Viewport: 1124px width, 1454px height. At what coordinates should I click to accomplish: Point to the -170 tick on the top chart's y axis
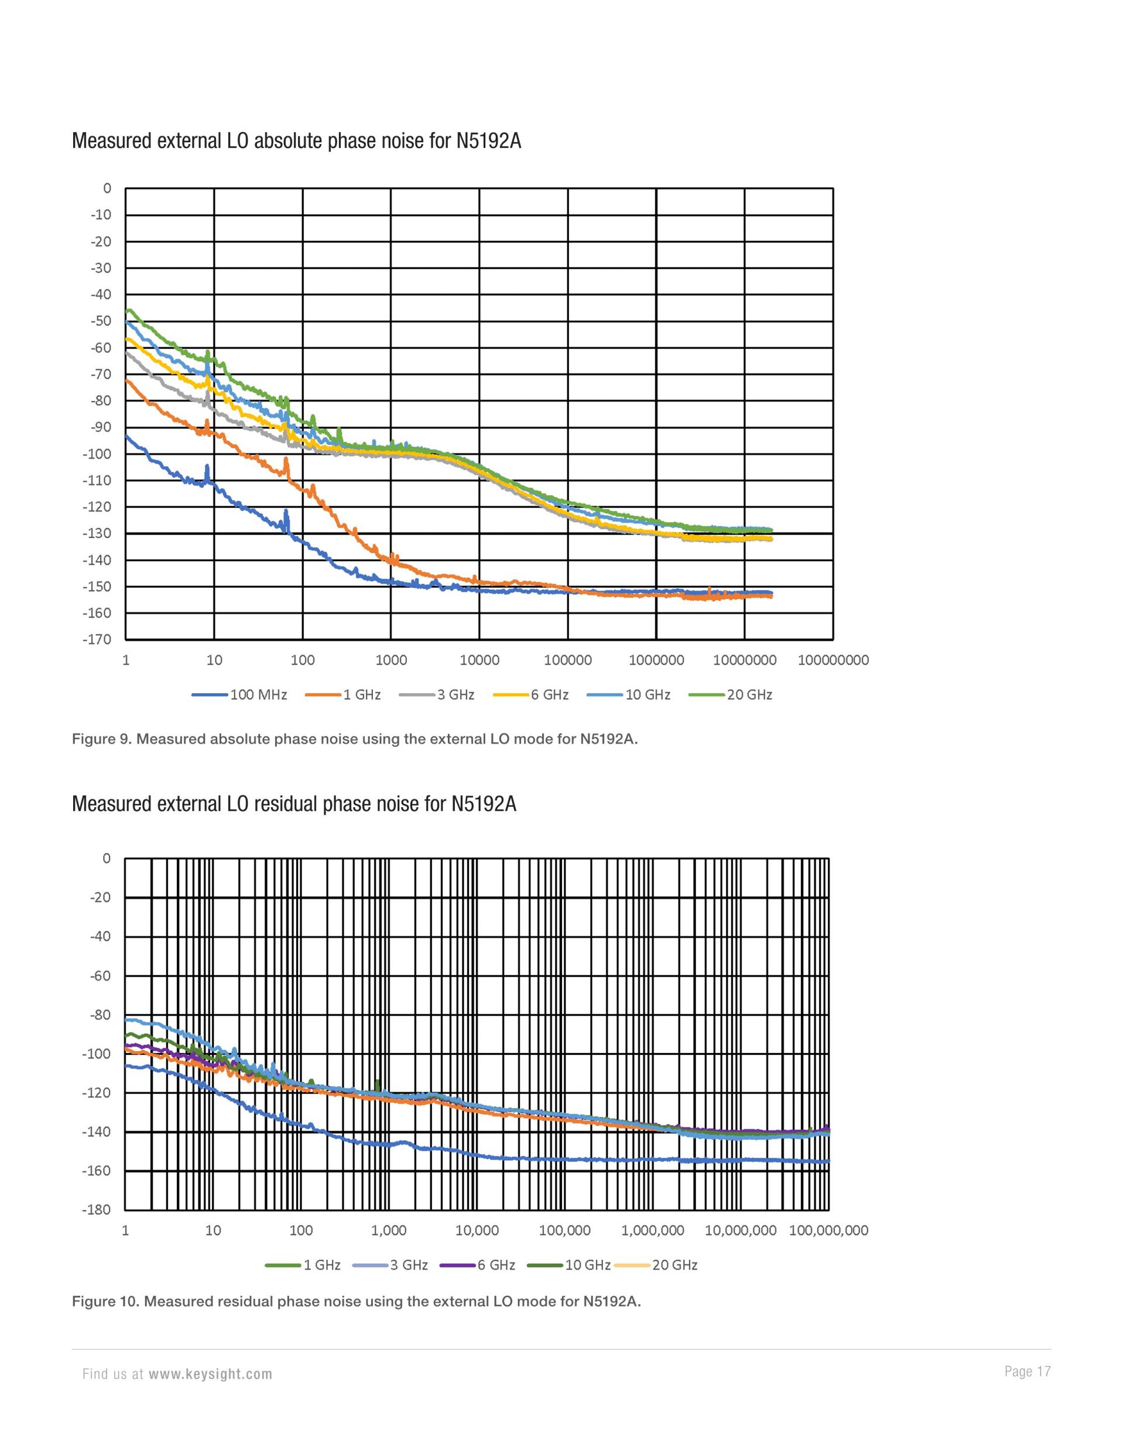tap(97, 640)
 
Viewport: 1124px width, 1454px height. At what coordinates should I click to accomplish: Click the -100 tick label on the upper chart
tap(97, 454)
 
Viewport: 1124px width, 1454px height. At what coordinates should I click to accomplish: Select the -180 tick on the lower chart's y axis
tap(97, 1210)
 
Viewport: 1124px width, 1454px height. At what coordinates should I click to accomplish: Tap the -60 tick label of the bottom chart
tap(101, 976)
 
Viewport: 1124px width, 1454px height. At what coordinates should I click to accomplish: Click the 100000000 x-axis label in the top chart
tap(833, 660)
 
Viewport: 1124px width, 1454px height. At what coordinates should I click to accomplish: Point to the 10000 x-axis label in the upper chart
tap(479, 660)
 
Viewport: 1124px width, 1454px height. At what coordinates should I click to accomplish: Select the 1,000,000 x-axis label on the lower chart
tap(653, 1230)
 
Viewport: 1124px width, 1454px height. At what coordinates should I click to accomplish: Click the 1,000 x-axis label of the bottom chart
tap(389, 1230)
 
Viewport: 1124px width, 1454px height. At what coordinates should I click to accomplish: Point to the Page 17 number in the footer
tap(1027, 1371)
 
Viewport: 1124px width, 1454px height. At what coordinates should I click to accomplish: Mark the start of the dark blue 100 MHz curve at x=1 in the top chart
tap(126, 435)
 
